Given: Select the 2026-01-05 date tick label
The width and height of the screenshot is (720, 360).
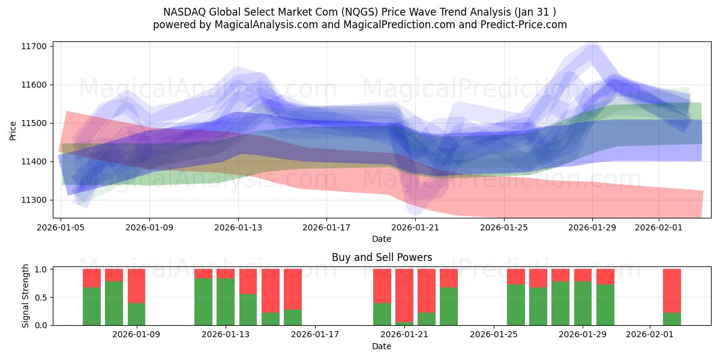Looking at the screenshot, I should (61, 227).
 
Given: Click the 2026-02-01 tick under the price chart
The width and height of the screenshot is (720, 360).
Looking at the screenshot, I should (659, 227).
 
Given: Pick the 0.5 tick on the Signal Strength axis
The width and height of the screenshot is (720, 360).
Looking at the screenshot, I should (40, 297).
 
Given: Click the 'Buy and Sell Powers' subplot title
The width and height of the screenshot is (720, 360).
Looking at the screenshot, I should (382, 257).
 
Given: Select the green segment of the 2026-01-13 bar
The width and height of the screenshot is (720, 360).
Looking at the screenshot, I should (226, 302).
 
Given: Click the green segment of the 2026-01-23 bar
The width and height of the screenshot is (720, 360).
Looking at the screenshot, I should (449, 306).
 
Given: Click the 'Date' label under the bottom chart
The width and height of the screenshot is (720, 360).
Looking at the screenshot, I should (382, 346).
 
